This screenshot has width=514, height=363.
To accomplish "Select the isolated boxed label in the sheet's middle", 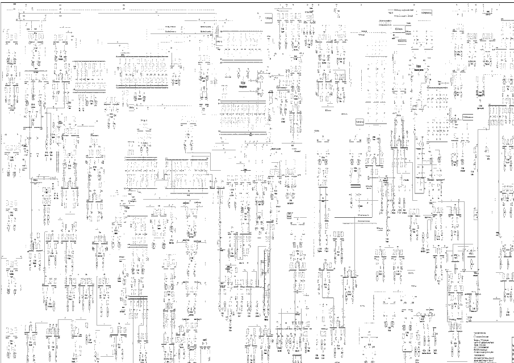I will pyautogui.click(x=359, y=123).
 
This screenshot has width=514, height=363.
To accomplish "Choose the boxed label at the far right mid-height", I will pyautogui.click(x=469, y=117).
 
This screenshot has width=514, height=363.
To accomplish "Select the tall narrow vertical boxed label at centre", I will pyautogui.click(x=289, y=215).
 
